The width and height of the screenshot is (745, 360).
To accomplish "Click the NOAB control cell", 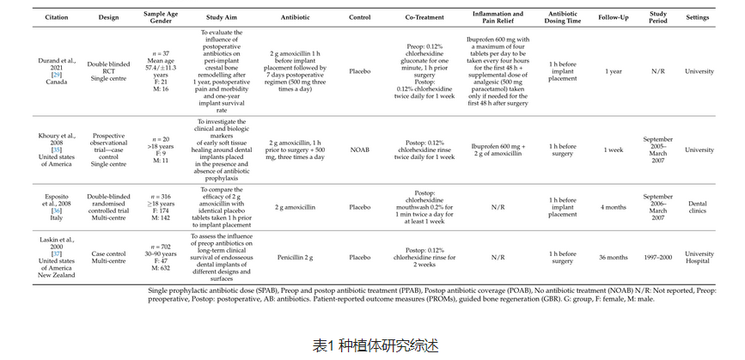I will point(360,150).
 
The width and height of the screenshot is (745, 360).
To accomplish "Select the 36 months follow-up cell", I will point(614,257).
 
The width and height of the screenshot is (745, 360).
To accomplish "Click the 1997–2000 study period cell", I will point(658,257).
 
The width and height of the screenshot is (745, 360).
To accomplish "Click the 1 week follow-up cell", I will point(614,150).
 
